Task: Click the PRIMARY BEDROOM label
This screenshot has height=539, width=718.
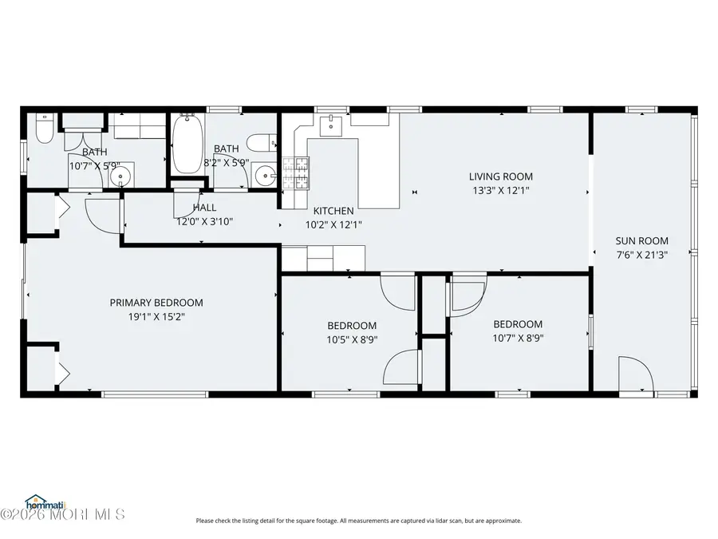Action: click(156, 303)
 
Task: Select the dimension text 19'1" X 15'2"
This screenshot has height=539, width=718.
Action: click(156, 315)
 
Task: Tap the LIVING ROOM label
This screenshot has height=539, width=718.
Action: click(500, 176)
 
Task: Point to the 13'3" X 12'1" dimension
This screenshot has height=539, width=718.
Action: click(500, 190)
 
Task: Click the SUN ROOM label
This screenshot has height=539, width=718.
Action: click(641, 240)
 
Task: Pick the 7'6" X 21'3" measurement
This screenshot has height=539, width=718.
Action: click(641, 254)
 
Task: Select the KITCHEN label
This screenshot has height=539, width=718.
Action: click(333, 211)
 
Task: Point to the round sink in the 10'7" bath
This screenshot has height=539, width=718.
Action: click(120, 176)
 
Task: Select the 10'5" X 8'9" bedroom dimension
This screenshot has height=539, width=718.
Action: click(352, 339)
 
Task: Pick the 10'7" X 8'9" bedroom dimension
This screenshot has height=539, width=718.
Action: click(518, 337)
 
